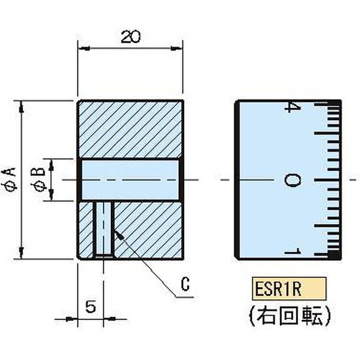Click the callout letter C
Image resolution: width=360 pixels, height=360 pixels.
[185, 284]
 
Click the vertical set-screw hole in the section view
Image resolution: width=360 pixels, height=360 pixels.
[104, 229]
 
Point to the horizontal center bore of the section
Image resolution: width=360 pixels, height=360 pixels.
[130, 180]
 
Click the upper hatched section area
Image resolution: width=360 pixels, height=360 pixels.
[130, 130]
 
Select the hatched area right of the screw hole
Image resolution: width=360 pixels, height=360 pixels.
[148, 229]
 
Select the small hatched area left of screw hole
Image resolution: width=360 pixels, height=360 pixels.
[85, 229]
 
